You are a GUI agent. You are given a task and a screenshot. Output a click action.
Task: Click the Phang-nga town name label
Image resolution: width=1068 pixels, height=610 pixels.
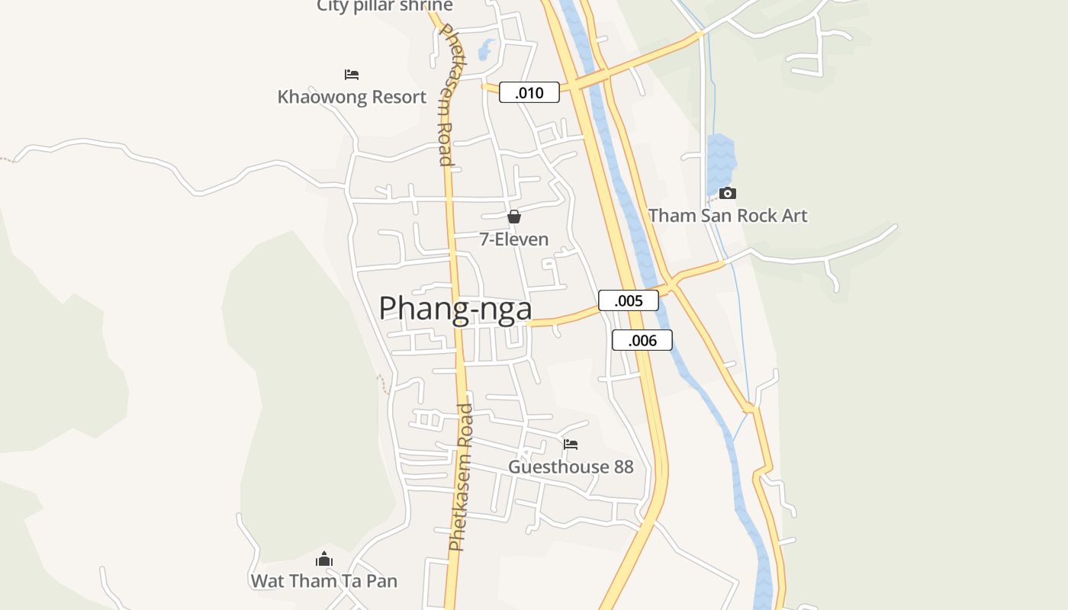455,309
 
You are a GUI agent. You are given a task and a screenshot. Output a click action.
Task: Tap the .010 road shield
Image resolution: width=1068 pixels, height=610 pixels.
529,93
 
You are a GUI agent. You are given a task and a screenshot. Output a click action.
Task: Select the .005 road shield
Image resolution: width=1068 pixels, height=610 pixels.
628,300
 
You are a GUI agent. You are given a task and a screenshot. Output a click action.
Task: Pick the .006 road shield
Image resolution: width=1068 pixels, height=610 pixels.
642,340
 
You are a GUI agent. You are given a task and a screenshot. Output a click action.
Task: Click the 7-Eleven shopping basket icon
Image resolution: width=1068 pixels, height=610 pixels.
514,217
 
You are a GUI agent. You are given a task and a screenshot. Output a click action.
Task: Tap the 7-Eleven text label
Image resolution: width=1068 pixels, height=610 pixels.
513,239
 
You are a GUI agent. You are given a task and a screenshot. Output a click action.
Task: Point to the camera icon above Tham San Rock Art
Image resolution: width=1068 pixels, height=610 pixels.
728,193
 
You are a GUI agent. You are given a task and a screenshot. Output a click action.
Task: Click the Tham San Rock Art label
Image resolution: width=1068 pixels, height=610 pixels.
727,216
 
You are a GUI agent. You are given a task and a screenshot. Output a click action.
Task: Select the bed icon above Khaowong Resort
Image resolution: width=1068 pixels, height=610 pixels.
352,75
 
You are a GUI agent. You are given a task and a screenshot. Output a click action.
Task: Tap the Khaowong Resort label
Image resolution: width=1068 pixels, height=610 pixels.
352,97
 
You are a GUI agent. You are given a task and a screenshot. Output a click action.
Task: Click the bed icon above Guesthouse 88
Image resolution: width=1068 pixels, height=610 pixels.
571,444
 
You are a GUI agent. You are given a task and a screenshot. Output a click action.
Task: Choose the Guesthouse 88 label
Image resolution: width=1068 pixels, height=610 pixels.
571,467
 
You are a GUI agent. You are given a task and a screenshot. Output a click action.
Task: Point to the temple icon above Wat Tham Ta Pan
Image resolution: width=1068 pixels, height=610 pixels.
324,559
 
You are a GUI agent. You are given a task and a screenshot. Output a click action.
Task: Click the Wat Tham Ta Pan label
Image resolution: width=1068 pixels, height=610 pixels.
324,581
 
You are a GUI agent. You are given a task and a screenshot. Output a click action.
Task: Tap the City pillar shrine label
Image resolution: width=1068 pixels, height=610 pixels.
384,6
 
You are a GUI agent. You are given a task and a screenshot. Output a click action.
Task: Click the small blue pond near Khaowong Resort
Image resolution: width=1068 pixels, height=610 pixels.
485,51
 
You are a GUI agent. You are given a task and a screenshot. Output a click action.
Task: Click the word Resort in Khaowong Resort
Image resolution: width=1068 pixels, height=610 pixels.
390,97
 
